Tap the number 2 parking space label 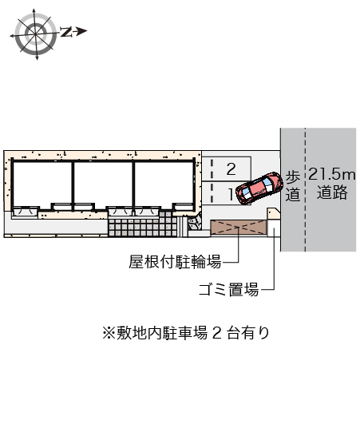[231, 169]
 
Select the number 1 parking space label [231, 194]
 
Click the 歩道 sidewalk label [293, 185]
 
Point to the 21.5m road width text [331, 174]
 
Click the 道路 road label [332, 192]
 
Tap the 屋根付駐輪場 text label [175, 262]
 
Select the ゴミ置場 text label [228, 290]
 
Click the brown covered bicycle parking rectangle [238, 227]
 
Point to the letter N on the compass [66, 32]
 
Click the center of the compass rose [35, 34]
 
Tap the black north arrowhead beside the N [81, 31]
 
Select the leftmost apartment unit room [42, 184]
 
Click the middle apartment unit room [103, 184]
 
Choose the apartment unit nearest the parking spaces [164, 184]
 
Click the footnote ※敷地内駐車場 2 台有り [186, 333]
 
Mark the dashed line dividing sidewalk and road [306, 189]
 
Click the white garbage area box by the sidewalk [274, 228]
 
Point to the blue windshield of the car [269, 182]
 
